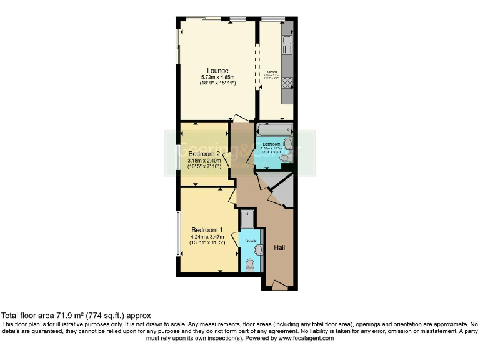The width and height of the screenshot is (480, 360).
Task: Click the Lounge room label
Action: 218,71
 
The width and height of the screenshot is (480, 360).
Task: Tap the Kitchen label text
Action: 272,72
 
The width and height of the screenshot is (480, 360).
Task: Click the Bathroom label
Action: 271,144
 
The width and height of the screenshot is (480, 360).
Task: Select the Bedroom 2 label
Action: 205,154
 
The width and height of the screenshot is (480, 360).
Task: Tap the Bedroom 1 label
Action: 207,229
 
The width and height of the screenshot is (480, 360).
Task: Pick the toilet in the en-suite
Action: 251,266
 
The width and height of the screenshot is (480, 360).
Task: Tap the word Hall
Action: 279,248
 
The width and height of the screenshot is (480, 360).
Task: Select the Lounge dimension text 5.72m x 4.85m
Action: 218,77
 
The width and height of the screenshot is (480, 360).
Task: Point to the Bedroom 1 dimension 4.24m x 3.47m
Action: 207,236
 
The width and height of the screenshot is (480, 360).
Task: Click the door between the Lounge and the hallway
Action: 239,118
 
